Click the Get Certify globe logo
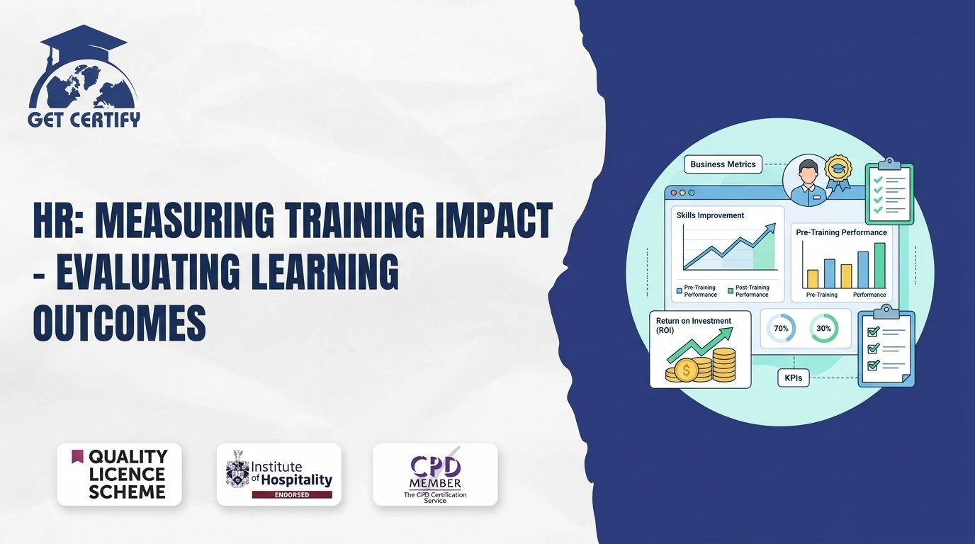pos(84,76)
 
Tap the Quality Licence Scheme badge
pos(119,475)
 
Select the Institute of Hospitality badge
pos(279,475)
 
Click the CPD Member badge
pos(435,475)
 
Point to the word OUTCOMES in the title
pos(119,322)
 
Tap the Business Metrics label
pos(723,164)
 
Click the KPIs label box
pos(794,378)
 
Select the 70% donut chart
pos(782,328)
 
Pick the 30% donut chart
pos(823,328)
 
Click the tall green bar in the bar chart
pos(879,266)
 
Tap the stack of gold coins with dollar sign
pos(701,365)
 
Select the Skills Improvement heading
pos(710,215)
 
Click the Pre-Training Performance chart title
pos(841,232)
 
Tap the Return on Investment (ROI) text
pos(694,326)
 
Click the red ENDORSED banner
pos(292,495)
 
